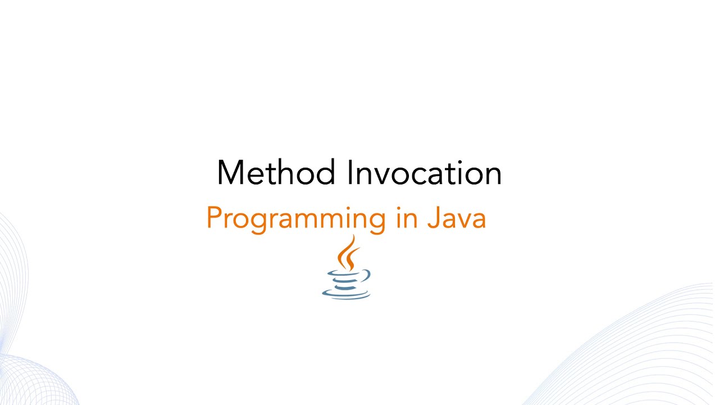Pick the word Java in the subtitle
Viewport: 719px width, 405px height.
coord(456,218)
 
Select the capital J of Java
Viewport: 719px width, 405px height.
coord(433,218)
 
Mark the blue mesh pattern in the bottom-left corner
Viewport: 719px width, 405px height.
coord(28,371)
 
